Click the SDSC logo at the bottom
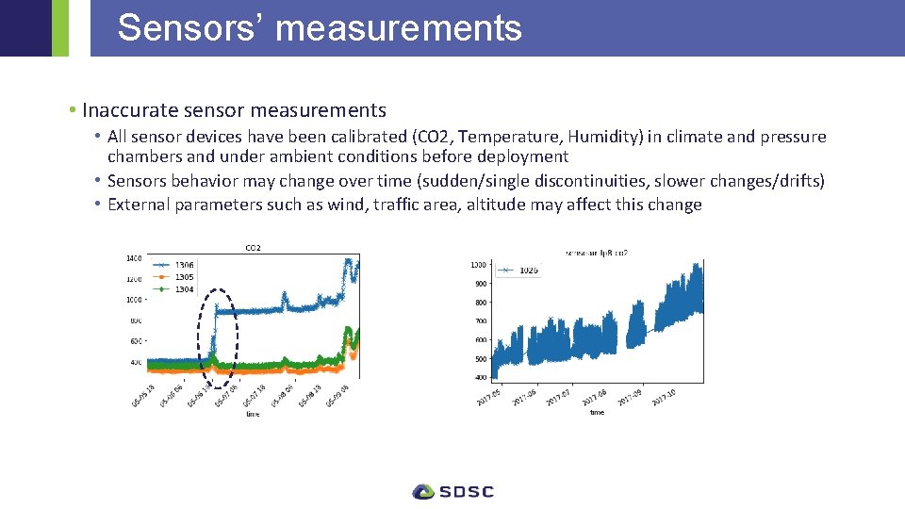pos(452,491)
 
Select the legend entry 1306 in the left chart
pos(184,266)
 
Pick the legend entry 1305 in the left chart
pos(184,277)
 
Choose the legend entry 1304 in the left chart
pos(184,289)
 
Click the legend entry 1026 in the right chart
pos(529,271)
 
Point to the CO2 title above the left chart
pos(253,248)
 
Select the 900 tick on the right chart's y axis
pos(481,284)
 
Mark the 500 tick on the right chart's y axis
pos(481,359)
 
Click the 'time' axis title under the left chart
pos(253,414)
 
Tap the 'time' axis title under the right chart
pos(598,412)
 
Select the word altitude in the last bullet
pos(507,205)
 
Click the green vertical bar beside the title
pos(60,28)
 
